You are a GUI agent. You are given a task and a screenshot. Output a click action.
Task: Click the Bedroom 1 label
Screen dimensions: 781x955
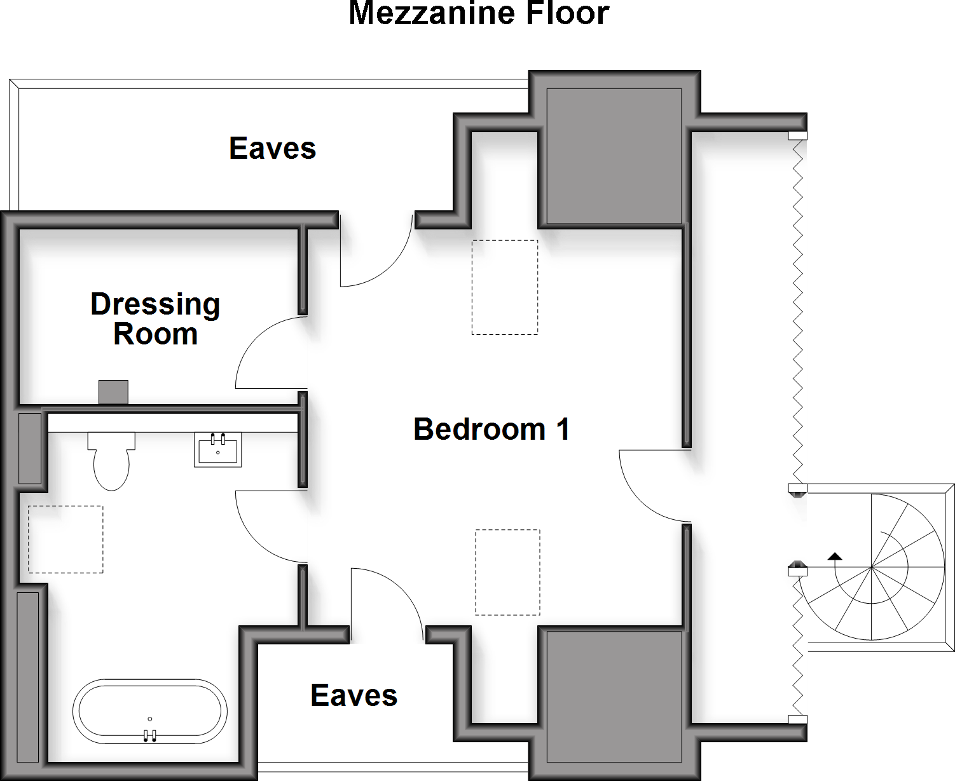pos(491,430)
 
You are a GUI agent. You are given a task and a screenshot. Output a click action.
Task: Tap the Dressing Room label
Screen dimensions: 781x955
pos(155,319)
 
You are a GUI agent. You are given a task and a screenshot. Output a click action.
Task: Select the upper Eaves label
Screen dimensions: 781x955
pos(272,149)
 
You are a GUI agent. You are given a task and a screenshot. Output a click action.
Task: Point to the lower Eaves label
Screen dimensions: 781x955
pos(354,696)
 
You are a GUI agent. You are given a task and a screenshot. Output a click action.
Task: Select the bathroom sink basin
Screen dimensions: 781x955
pos(217,450)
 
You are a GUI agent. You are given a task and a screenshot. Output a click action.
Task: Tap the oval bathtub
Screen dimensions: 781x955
pos(150,712)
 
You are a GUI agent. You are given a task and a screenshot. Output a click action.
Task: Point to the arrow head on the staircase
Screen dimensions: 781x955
pos(835,556)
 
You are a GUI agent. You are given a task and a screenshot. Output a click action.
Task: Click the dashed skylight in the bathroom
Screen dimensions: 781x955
pos(65,540)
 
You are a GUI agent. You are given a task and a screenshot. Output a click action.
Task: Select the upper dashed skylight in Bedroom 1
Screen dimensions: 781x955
pos(504,287)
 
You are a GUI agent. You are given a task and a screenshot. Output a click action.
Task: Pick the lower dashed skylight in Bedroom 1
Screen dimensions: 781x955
pos(507,572)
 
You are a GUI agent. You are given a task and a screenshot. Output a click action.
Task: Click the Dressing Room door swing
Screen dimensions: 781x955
pos(270,353)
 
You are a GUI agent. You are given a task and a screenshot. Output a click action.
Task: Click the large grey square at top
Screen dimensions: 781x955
pos(614,156)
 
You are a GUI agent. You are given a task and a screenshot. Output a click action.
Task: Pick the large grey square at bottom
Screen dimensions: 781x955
pos(614,696)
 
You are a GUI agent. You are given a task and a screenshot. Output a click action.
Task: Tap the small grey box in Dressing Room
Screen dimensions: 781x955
pos(113,392)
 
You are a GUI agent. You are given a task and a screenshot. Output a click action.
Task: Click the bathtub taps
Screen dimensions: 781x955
pos(149,735)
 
